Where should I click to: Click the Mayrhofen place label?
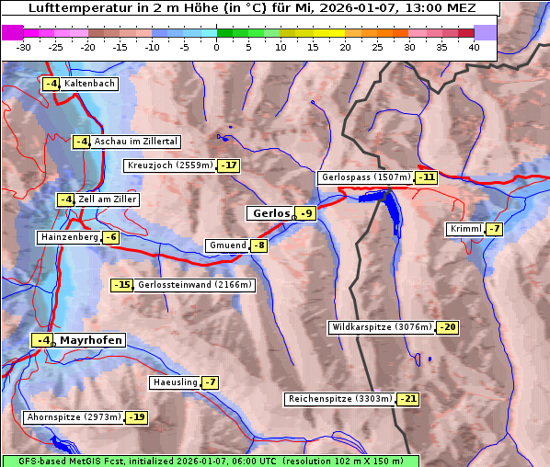pos(90,340)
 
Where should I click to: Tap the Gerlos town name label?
pos(270,213)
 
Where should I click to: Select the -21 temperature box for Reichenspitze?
pos(408,399)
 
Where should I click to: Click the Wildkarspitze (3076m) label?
pos(382,327)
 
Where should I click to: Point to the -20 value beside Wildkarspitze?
pos(448,327)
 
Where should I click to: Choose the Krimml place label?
pos(465,229)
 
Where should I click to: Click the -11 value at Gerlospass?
pos(426,177)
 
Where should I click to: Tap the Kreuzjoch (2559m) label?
pos(170,166)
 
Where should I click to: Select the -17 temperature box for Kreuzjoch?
pos(228,166)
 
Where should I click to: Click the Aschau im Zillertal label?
pos(136,142)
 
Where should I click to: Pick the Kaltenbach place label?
pos(90,84)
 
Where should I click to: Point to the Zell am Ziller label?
pos(108,199)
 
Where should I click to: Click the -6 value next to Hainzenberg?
pos(111,237)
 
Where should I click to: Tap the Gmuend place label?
pos(227,245)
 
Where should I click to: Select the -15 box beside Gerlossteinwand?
pos(122,285)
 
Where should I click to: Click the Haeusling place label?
pos(175,382)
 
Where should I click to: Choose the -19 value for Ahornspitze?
pos(137,417)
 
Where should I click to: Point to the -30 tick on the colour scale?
pos(24,46)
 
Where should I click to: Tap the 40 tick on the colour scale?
pos(474,46)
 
